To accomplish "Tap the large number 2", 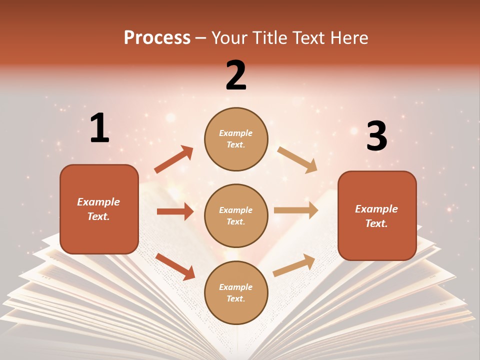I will click(x=236, y=75).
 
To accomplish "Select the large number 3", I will click(x=376, y=136).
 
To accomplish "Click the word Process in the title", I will click(x=157, y=37).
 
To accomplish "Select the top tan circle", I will click(x=236, y=139).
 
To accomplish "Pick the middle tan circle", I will click(x=236, y=215).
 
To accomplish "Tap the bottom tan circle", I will click(x=236, y=292).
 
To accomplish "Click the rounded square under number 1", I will click(x=99, y=209).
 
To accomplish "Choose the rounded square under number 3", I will click(x=377, y=216).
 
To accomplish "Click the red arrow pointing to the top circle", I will click(x=173, y=159).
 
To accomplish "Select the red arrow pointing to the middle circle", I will click(x=175, y=211).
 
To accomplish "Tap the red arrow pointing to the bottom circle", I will click(x=175, y=266).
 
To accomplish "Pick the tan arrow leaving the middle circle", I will click(x=296, y=210).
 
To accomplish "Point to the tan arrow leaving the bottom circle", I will click(x=294, y=265).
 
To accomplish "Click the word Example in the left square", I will click(x=98, y=202).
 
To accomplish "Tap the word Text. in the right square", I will click(x=376, y=223).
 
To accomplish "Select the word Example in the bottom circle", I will click(x=236, y=287).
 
